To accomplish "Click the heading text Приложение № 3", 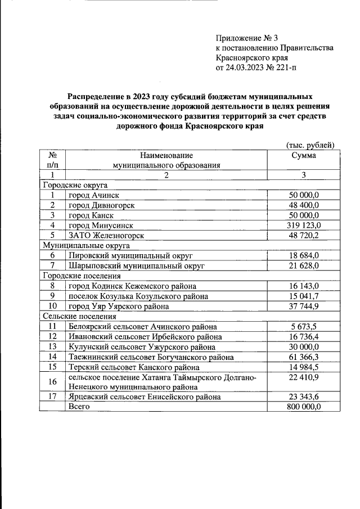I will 247,38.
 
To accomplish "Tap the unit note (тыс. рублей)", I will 310,145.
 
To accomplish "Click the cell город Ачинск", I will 91,195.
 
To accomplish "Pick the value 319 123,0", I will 303,225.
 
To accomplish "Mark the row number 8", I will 52,286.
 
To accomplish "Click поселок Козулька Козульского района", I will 138,296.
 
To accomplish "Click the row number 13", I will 52,346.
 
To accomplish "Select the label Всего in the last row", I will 79,407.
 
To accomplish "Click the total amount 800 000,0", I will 303,407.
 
